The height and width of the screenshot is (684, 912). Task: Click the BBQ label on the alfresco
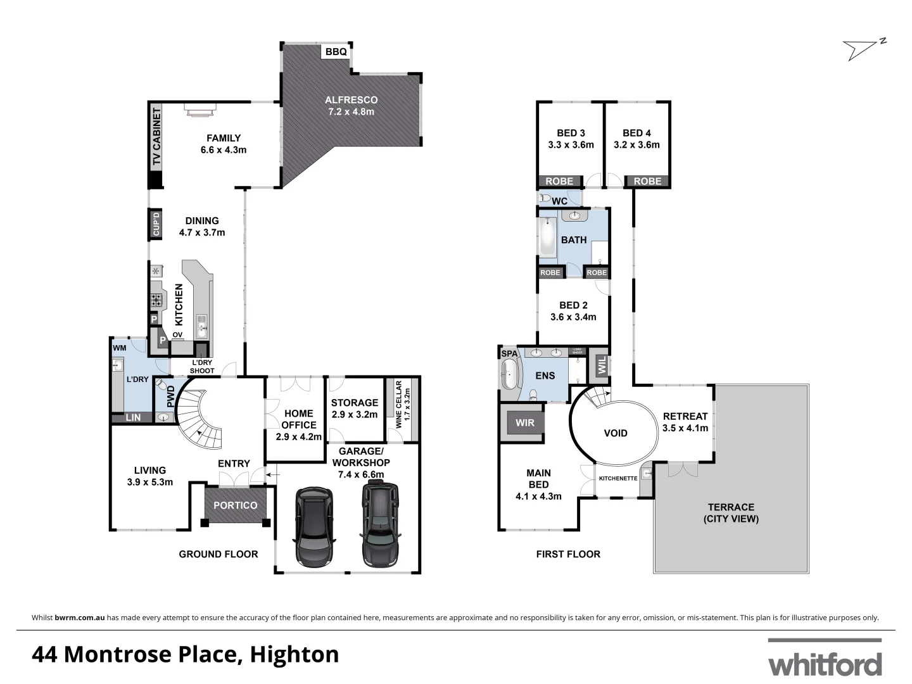tap(336, 52)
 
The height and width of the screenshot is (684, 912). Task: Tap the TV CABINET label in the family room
tap(156, 137)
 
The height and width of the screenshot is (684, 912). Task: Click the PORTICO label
tap(236, 505)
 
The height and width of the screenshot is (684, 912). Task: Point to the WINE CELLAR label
tap(398, 405)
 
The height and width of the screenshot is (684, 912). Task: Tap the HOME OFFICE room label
tap(299, 419)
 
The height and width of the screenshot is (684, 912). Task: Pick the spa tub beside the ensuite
tap(509, 376)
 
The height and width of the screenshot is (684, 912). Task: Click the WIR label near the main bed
tap(525, 423)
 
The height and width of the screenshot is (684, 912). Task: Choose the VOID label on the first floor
tap(615, 433)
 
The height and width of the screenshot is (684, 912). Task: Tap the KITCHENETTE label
tap(617, 478)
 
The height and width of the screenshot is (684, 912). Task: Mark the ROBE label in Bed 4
tap(647, 181)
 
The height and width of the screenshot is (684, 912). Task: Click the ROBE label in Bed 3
tap(559, 181)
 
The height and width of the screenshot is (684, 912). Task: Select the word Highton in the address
tap(294, 654)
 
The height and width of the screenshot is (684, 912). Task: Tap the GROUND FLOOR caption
tap(218, 554)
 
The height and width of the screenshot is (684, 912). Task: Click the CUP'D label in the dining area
tap(156, 224)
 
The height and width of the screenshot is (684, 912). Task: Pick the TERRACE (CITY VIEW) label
tap(731, 513)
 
